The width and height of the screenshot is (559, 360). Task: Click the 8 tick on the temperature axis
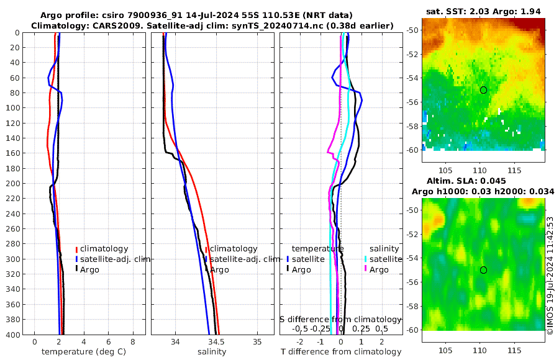click(132, 342)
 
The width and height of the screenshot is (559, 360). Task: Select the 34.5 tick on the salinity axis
click(216, 342)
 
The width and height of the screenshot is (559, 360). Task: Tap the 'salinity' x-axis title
click(212, 352)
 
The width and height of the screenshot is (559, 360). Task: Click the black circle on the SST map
click(483, 90)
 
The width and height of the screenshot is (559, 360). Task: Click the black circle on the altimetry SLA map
click(483, 270)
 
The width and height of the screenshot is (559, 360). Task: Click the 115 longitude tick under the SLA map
click(514, 351)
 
